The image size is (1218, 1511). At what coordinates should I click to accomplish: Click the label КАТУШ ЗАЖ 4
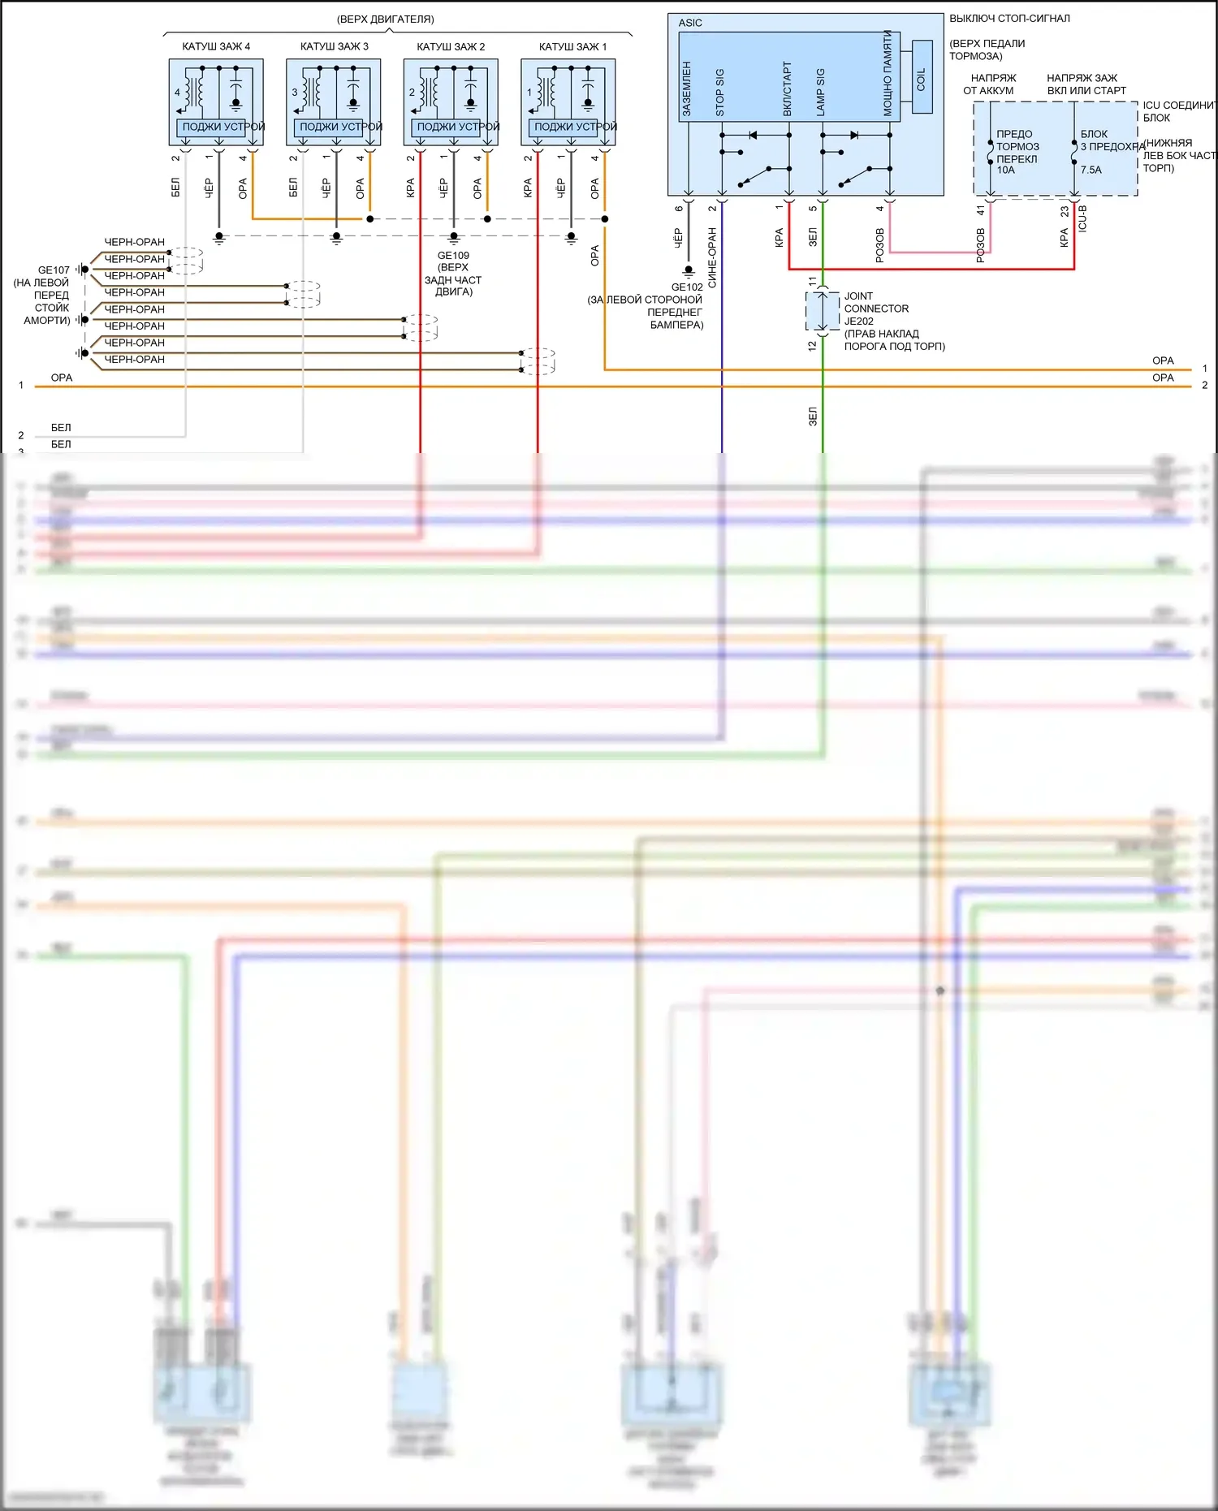(216, 46)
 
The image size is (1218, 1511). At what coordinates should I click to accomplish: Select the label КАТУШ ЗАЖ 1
(572, 46)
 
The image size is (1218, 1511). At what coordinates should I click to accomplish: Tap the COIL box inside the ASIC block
(922, 77)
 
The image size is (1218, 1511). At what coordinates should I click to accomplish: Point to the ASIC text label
(690, 23)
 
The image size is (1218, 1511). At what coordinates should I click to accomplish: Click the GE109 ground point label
(453, 255)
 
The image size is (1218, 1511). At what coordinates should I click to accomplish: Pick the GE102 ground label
(687, 287)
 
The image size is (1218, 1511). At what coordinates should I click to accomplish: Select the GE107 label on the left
(54, 270)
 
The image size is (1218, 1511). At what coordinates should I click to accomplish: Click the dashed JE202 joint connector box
(823, 310)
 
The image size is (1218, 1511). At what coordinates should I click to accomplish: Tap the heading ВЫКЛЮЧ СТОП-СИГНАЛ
(1009, 18)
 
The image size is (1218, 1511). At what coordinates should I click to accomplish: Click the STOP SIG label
(720, 92)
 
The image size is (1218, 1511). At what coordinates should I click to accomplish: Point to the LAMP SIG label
(821, 91)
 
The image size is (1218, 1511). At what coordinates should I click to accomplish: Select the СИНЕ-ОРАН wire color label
(712, 257)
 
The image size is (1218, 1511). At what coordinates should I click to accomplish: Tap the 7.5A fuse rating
(1091, 170)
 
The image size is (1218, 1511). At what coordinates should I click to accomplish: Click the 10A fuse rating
(1005, 170)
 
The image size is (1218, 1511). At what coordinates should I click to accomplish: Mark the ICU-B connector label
(1082, 218)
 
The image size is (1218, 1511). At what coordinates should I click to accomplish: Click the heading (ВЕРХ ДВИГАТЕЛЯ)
(385, 19)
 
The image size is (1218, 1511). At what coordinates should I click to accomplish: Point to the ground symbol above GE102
(689, 270)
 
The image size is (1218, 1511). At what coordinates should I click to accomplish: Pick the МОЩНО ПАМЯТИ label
(888, 73)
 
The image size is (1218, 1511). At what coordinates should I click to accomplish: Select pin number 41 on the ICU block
(981, 209)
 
